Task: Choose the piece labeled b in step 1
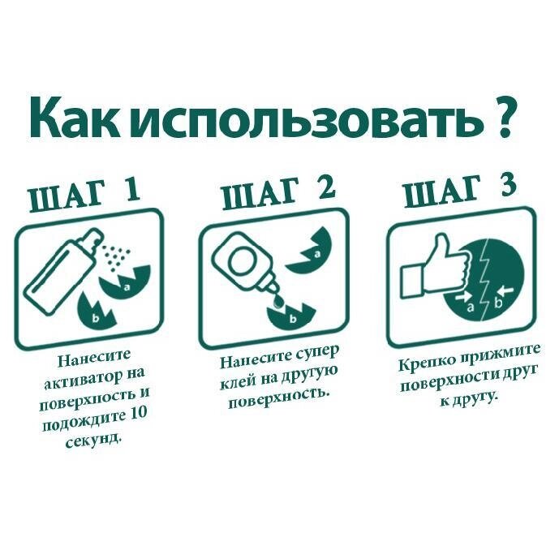(x=95, y=310)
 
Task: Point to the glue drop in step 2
(x=278, y=302)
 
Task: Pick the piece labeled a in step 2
(x=311, y=252)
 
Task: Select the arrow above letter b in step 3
(x=506, y=290)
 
